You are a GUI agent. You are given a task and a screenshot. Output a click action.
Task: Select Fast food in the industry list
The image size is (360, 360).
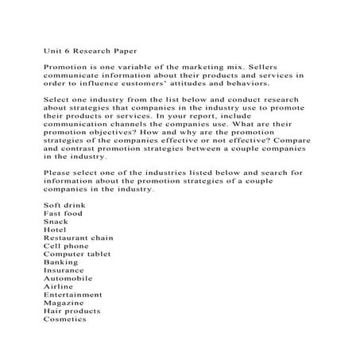62,213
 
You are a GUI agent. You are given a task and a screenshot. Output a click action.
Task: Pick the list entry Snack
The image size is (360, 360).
56,221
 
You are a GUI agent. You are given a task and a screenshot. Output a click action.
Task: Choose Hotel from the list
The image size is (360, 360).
55,229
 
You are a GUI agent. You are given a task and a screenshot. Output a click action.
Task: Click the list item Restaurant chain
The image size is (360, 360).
78,237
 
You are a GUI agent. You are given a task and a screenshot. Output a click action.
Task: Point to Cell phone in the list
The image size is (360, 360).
65,246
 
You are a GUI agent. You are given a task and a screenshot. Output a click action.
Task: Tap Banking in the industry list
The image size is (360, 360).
60,261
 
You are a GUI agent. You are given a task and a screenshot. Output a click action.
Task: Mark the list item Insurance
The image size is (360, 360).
64,270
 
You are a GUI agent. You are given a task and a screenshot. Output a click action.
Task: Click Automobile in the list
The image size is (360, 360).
68,278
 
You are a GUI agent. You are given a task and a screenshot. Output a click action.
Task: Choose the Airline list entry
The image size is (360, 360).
58,286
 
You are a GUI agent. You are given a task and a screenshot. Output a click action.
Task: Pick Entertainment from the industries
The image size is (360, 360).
74,295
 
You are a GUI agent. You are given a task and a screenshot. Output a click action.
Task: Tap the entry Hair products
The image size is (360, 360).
72,311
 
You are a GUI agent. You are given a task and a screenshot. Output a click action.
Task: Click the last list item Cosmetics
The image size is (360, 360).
64,319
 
